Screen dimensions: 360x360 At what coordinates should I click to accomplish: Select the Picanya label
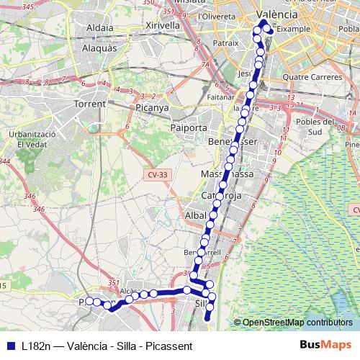pyautogui.click(x=151, y=108)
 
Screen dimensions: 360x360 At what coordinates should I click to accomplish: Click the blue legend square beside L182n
pyautogui.click(x=10, y=346)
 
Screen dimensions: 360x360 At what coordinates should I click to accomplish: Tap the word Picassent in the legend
pyautogui.click(x=168, y=346)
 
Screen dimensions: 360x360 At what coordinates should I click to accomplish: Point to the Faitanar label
pyautogui.click(x=218, y=96)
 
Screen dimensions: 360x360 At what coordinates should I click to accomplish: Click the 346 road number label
pyautogui.click(x=30, y=195)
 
